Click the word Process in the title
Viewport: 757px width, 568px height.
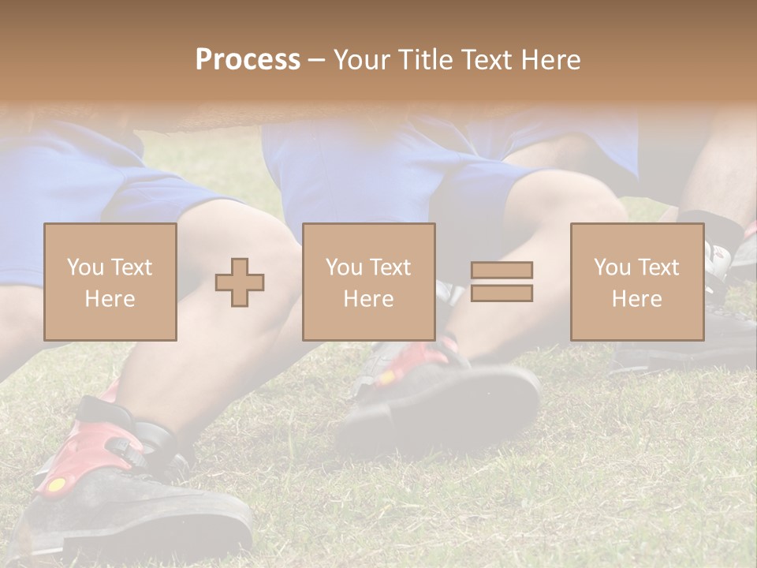(248, 60)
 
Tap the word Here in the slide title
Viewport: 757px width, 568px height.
(549, 60)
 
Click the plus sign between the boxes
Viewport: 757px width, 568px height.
(240, 282)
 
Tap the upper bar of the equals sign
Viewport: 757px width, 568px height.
(502, 271)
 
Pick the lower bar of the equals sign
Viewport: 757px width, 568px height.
(502, 293)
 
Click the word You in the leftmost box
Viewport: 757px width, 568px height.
(84, 267)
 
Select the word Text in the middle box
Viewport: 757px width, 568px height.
(390, 267)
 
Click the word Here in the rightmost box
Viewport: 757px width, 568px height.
(637, 299)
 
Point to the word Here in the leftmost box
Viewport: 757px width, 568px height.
(110, 299)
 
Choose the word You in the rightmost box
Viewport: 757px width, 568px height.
(611, 267)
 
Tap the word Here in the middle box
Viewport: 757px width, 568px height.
(369, 299)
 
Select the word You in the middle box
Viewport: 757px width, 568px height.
(343, 267)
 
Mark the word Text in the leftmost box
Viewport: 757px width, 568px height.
(131, 267)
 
